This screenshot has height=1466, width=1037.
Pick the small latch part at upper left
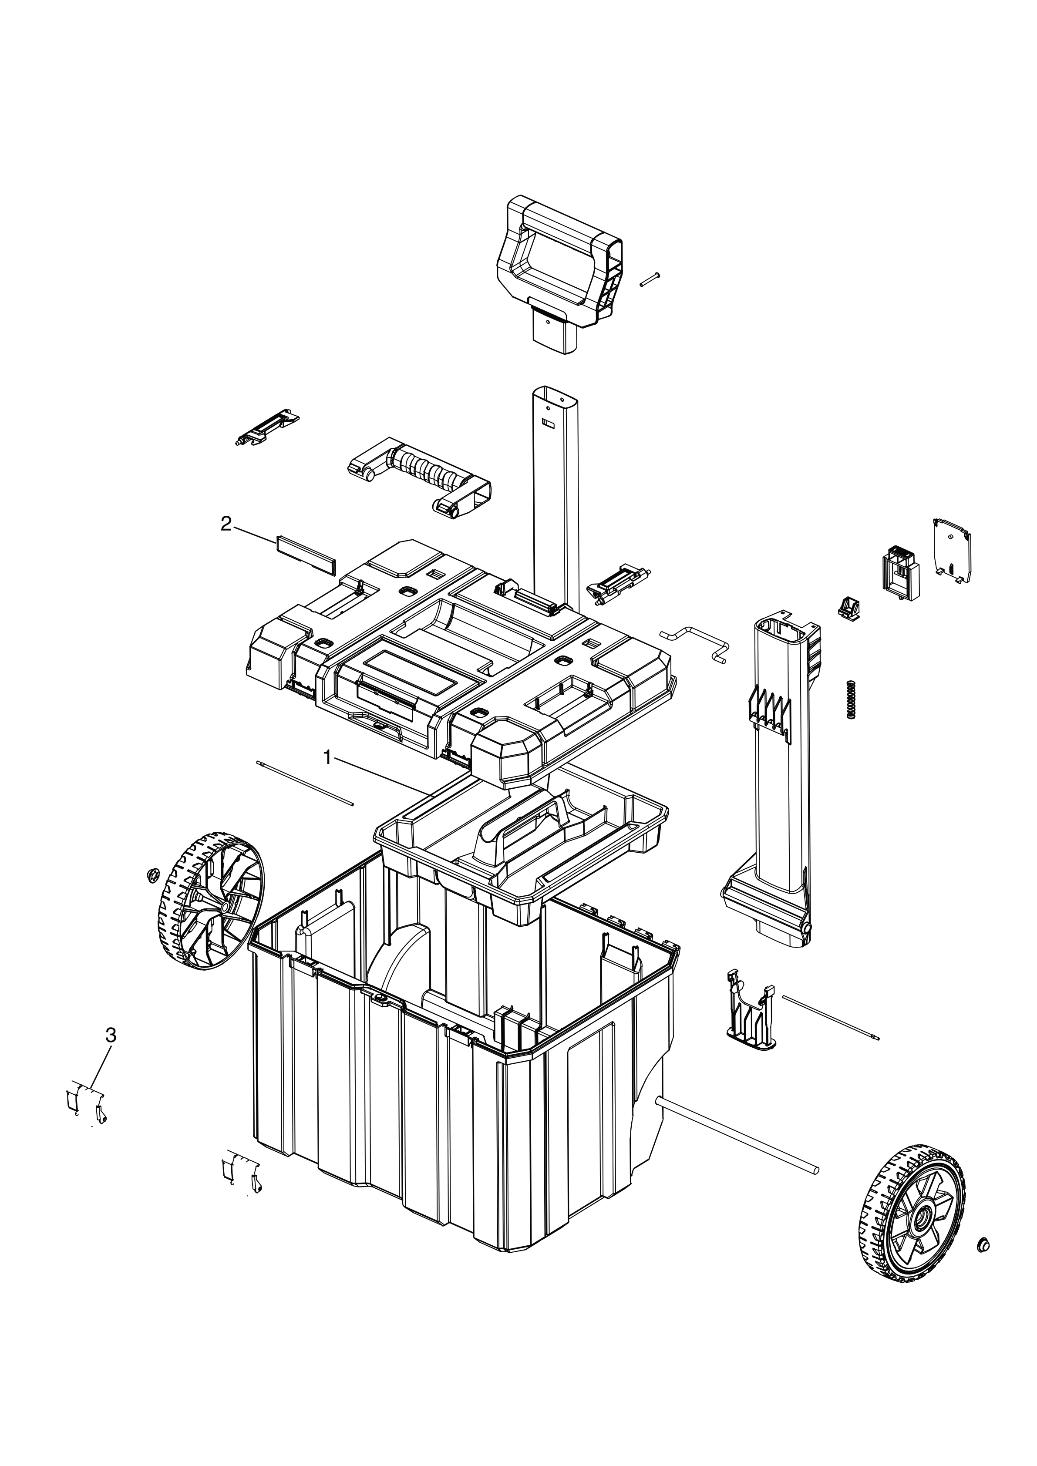click(267, 429)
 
